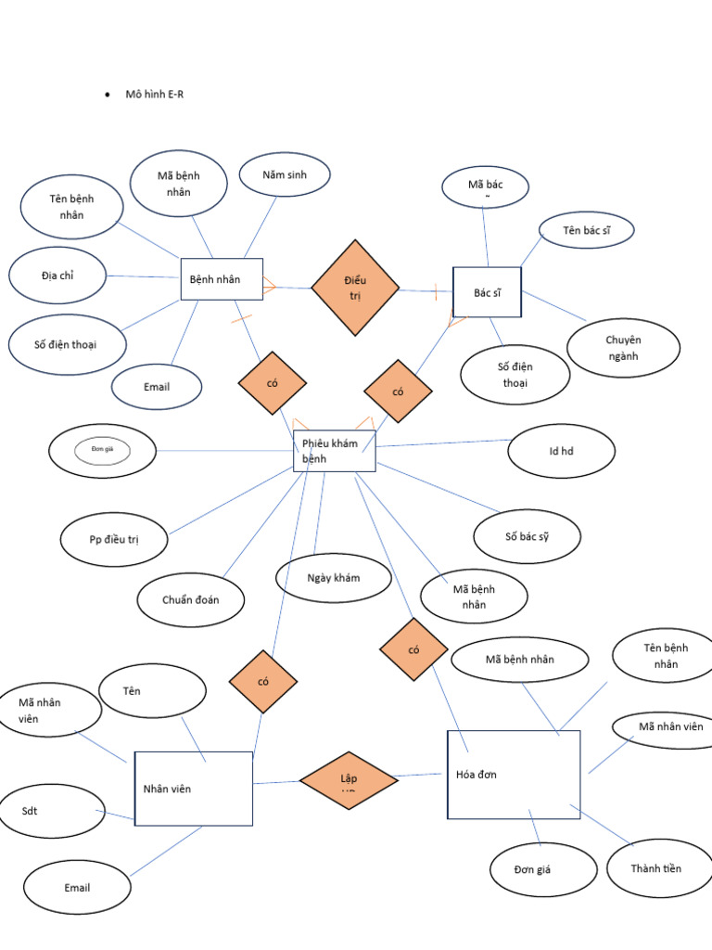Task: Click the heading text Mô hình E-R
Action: pos(154,95)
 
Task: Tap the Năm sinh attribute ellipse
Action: pos(284,174)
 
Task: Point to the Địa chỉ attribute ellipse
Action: pos(57,276)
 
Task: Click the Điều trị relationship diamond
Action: pos(355,288)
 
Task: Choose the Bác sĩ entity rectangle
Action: pos(487,292)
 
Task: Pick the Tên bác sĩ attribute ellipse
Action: pos(586,229)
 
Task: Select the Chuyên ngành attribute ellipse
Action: pos(623,348)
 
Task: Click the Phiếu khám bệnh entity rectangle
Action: pos(334,451)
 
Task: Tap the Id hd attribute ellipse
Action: pos(561,451)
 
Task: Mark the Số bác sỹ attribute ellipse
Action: pos(527,536)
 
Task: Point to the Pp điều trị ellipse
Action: pos(115,539)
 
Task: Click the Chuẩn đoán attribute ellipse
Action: pos(191,599)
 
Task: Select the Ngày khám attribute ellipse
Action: pos(334,578)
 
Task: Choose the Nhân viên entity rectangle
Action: pos(193,789)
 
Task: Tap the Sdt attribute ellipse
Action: pos(46,810)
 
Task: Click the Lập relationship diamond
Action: pos(349,780)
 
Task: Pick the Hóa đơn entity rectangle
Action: pos(514,775)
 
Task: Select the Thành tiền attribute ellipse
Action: pos(655,868)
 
